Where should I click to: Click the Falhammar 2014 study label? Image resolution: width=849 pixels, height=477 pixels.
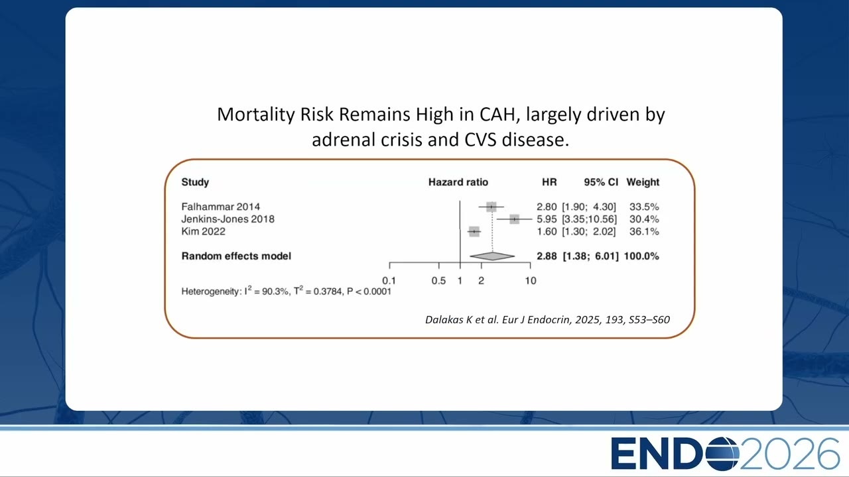(x=221, y=207)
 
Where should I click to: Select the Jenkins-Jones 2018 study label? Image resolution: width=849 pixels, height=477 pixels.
(x=228, y=219)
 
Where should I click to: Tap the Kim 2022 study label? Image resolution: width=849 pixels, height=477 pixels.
(x=203, y=231)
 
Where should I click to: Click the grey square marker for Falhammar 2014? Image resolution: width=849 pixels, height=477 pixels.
(x=491, y=207)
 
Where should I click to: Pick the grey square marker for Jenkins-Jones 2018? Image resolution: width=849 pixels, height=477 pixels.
(x=514, y=219)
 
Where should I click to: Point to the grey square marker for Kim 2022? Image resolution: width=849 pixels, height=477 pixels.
(x=474, y=231)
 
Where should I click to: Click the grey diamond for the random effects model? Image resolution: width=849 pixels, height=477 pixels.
(x=492, y=256)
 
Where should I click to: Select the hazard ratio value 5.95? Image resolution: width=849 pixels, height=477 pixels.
(x=547, y=219)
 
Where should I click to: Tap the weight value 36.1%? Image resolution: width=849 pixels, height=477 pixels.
(x=644, y=231)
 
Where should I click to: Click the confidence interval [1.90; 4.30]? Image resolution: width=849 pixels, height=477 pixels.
(x=589, y=207)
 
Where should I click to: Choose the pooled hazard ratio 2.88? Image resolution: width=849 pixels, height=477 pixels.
(x=547, y=256)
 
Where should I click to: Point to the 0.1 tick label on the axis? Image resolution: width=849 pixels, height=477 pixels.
(x=389, y=280)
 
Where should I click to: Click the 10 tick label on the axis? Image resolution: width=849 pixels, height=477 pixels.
(x=531, y=280)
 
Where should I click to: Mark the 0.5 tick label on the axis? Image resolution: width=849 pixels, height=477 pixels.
(x=438, y=280)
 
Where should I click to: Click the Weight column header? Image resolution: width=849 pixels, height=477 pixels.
(x=643, y=182)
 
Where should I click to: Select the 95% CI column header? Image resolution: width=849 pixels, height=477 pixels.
(x=601, y=182)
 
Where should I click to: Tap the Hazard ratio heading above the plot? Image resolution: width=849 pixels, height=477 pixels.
(x=458, y=182)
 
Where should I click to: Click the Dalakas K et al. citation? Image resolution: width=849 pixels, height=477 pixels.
(x=547, y=320)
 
